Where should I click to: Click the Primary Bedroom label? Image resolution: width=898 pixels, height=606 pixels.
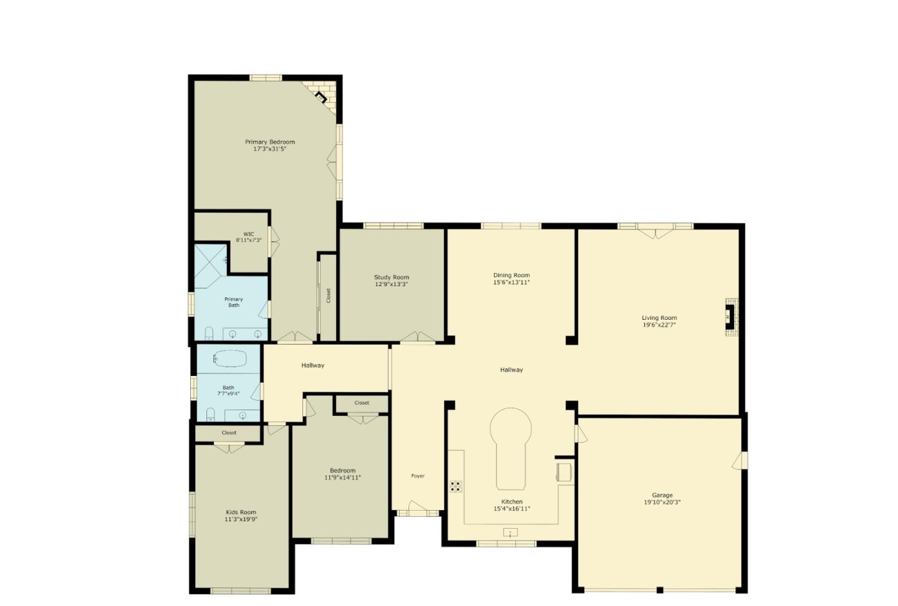(269, 142)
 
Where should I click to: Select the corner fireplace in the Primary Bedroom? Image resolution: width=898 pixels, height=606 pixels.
(322, 97)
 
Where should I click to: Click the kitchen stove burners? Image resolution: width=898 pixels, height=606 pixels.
(456, 486)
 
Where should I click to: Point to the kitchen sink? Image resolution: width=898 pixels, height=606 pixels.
(510, 532)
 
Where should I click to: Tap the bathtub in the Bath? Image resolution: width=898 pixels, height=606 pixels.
(229, 358)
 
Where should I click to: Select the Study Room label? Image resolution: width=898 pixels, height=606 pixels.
(392, 277)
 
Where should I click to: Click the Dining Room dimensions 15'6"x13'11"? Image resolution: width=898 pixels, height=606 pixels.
(511, 282)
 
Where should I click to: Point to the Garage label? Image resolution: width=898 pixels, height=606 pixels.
(662, 496)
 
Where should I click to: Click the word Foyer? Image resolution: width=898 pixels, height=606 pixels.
(418, 476)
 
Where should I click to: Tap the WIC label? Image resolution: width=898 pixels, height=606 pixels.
(249, 234)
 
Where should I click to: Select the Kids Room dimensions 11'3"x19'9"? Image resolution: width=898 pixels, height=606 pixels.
(241, 519)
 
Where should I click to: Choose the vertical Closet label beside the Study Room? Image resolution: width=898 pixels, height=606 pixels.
(328, 296)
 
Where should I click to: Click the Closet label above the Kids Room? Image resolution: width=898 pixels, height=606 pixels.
(229, 433)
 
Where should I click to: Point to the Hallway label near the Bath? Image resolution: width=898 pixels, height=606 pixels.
(312, 365)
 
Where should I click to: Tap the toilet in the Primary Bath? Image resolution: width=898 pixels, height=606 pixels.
(209, 333)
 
